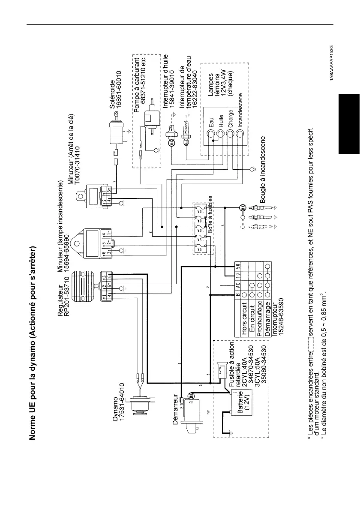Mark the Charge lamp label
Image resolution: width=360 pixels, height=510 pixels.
(x=231, y=117)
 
